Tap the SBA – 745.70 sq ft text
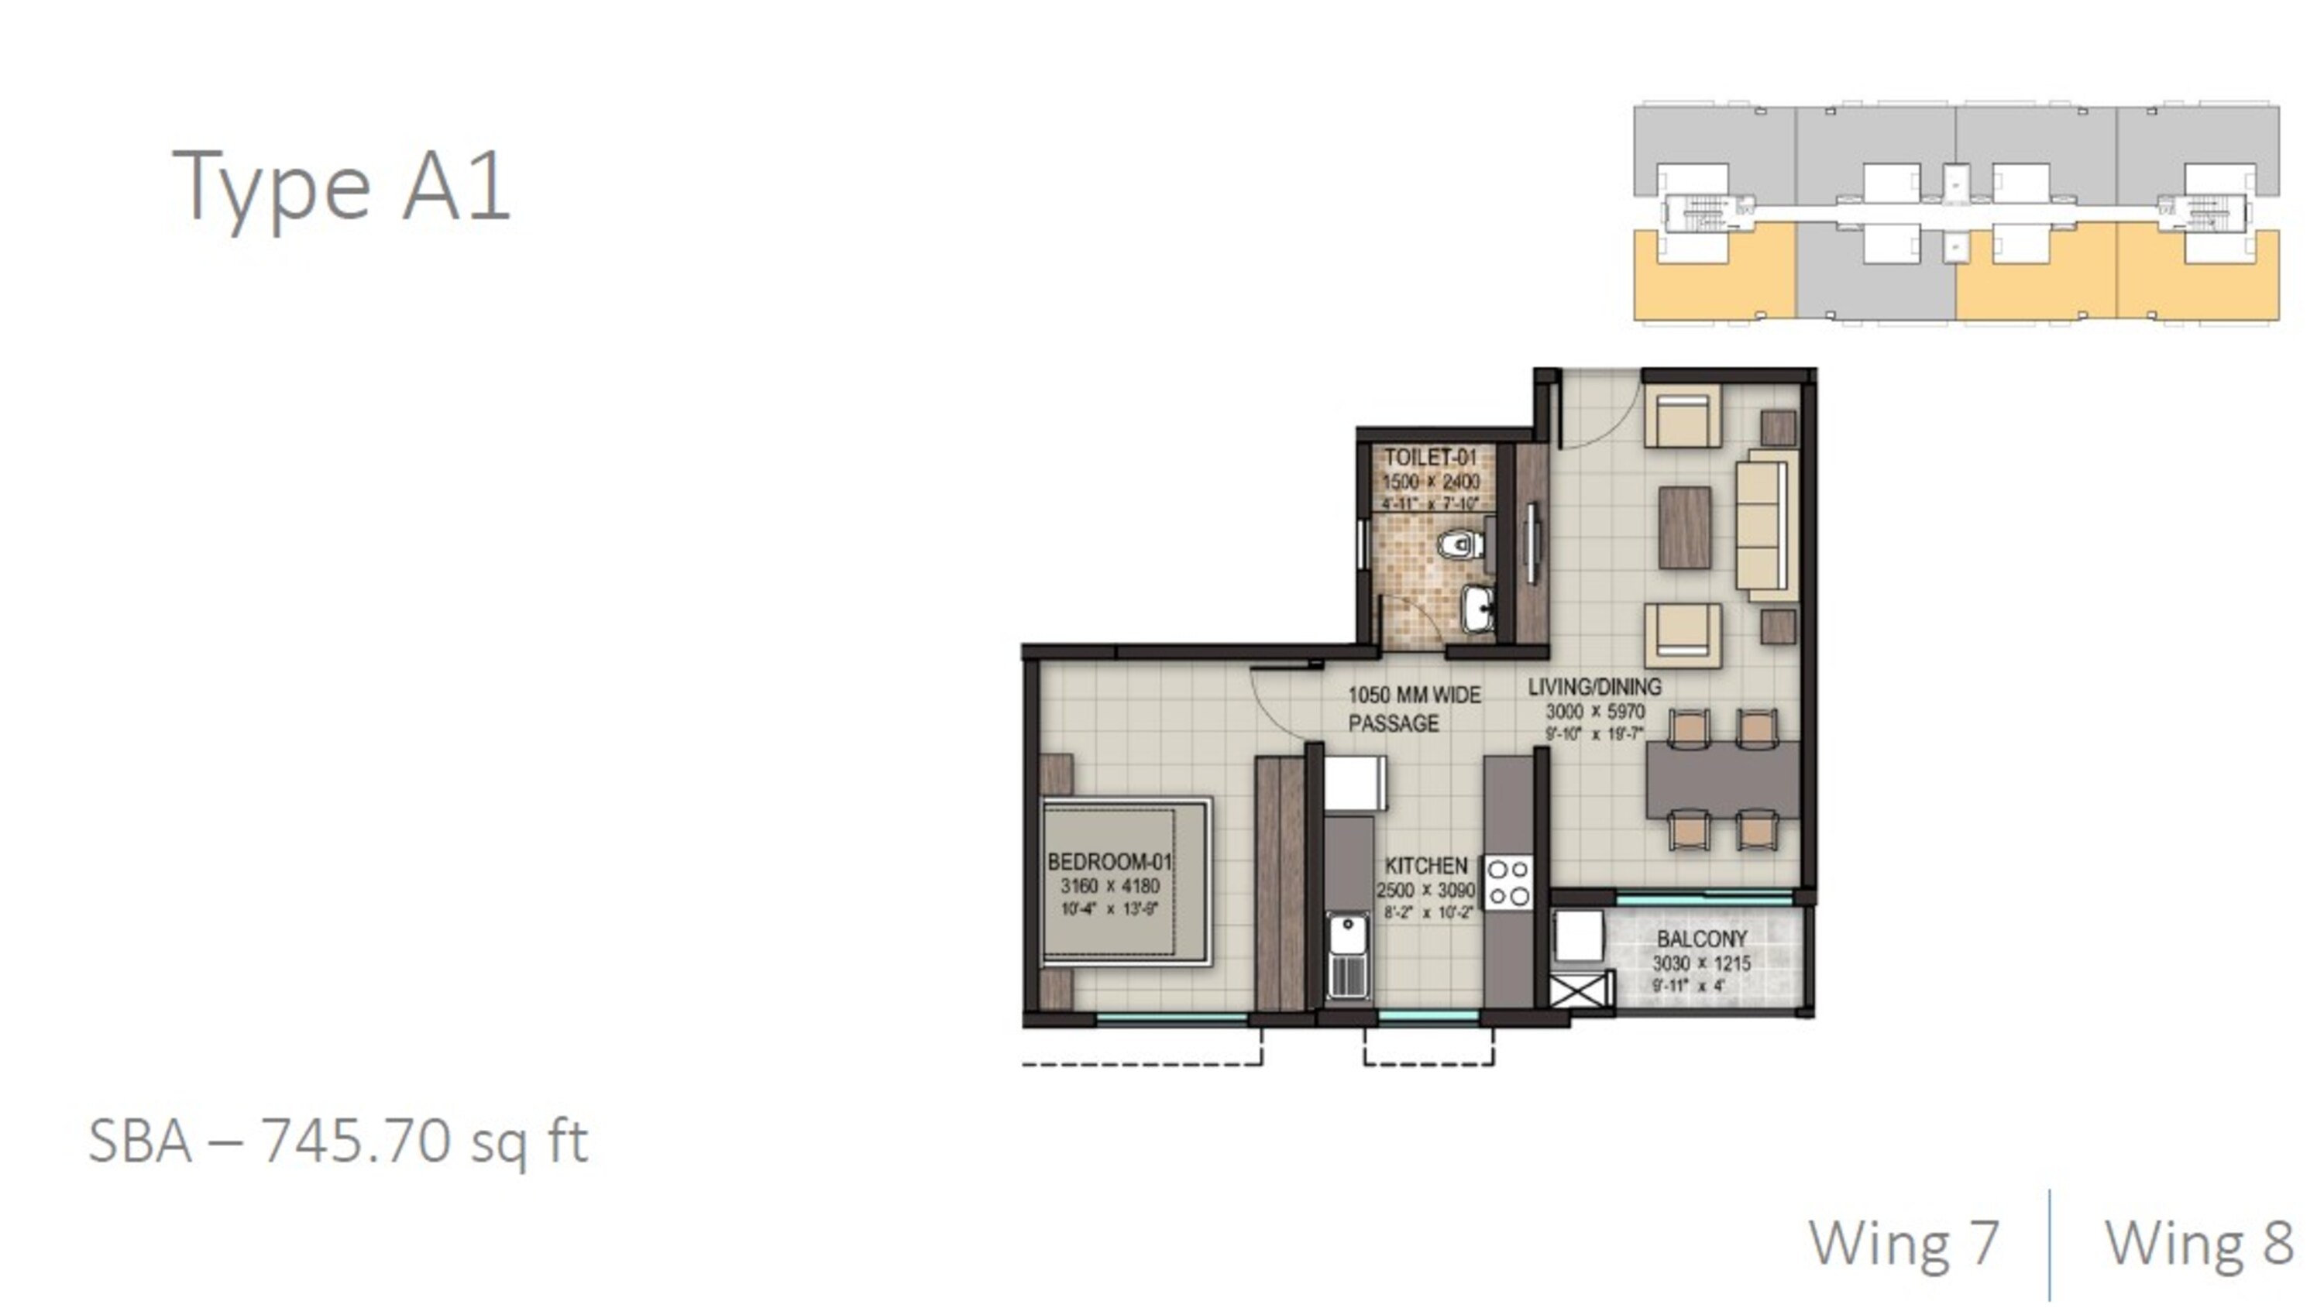[x=339, y=1142]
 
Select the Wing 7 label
[x=1903, y=1243]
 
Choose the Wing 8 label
[x=2199, y=1243]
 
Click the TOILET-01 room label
[x=1431, y=458]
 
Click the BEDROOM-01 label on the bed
[x=1109, y=861]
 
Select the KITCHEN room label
[x=1426, y=866]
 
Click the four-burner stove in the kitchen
[x=1508, y=882]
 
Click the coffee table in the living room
[x=1684, y=527]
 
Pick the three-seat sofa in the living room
[x=1765, y=525]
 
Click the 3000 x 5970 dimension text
[x=1595, y=712]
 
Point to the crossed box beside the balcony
[x=1580, y=990]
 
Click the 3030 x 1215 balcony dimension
[x=1700, y=963]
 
